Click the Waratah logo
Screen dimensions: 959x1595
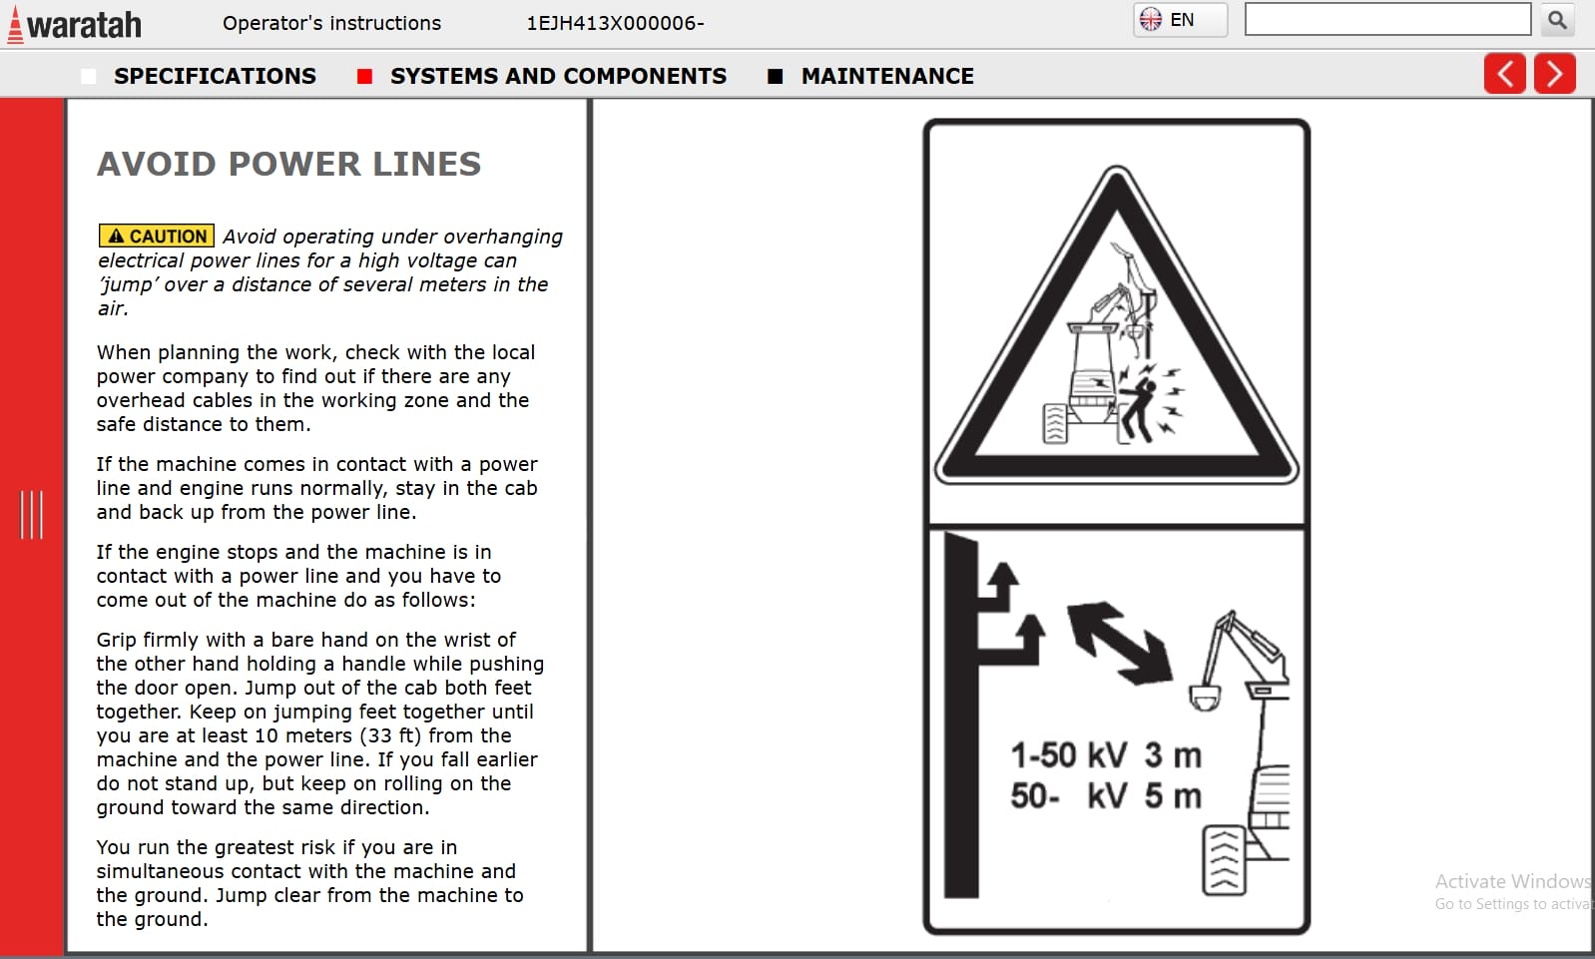[75, 24]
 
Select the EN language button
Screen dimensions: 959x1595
[1180, 20]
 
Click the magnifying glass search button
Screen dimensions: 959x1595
[1557, 20]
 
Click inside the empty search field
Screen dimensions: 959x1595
[1387, 20]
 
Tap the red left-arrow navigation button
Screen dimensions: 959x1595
[1504, 74]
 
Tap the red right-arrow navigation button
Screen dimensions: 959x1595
[1554, 74]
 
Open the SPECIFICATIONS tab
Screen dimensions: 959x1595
[214, 76]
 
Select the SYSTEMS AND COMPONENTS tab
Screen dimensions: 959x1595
[557, 76]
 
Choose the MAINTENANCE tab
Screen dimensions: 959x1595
[886, 76]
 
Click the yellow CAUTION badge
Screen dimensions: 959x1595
[157, 237]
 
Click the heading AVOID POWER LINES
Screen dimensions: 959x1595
[288, 164]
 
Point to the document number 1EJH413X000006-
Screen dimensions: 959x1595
[615, 23]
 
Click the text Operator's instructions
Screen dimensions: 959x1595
[331, 23]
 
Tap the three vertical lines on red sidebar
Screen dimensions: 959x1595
[32, 515]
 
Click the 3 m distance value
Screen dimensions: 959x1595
[1173, 755]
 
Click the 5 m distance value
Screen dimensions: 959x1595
[1173, 796]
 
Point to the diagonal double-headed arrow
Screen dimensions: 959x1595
[1119, 643]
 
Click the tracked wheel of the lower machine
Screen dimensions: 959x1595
[1224, 859]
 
